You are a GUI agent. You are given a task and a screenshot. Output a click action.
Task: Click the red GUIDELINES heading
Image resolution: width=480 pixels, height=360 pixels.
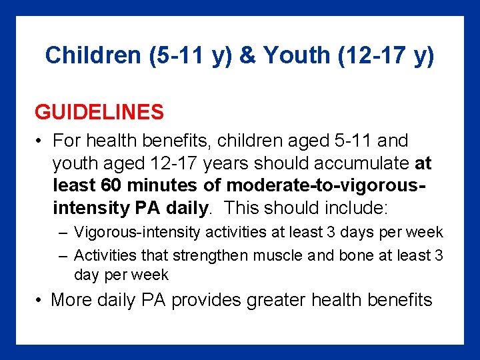coord(99,112)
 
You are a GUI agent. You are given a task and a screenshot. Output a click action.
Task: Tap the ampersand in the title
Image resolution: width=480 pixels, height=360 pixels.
coord(247,56)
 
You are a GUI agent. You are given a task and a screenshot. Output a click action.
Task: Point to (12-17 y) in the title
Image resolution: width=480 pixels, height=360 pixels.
coord(386,56)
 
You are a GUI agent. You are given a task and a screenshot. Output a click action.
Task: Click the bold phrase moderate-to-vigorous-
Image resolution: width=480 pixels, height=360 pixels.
coord(327,185)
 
